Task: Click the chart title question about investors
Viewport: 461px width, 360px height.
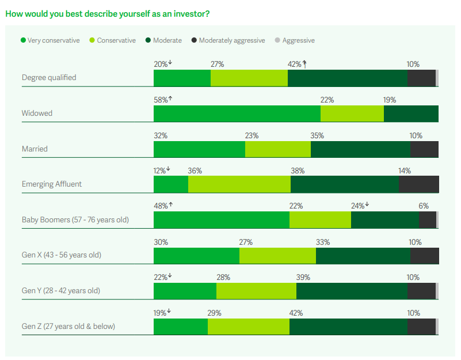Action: (107, 13)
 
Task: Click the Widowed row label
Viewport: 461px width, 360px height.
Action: (37, 113)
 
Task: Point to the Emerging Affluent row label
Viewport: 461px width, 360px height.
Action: (52, 184)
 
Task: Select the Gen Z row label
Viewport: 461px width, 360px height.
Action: (68, 327)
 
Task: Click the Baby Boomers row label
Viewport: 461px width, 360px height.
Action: (75, 220)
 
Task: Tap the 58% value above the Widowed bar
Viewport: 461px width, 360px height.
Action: (161, 100)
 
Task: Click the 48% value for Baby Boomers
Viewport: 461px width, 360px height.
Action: (161, 206)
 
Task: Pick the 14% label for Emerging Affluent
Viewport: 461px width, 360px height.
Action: (405, 170)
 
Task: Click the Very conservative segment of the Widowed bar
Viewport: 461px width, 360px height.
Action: (237, 113)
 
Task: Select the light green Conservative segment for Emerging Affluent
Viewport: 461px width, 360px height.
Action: (239, 184)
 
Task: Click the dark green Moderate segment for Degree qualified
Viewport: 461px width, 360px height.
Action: (347, 78)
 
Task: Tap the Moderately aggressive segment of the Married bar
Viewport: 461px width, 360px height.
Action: (424, 149)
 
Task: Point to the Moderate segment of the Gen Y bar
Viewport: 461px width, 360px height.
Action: (351, 291)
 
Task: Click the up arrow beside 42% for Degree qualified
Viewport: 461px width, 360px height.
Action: (304, 65)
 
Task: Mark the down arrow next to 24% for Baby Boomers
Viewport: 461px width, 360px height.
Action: (367, 205)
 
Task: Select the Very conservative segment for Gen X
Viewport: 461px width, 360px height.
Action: (196, 256)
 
